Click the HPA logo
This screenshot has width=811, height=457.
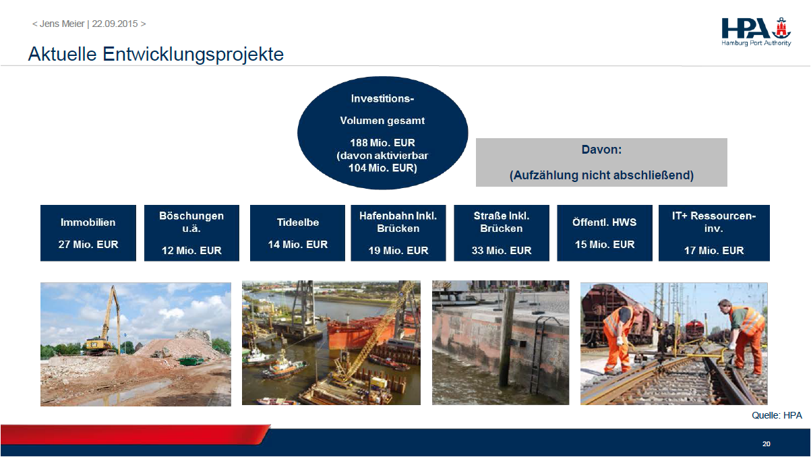tap(756, 32)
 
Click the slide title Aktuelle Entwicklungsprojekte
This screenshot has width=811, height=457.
tap(156, 55)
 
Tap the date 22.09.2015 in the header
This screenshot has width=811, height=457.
tap(115, 24)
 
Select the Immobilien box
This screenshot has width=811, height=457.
tap(88, 233)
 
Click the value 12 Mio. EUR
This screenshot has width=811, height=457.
tap(191, 251)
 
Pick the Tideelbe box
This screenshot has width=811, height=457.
tap(297, 233)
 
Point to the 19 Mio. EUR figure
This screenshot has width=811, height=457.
tap(398, 251)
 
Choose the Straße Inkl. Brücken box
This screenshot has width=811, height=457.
tap(502, 233)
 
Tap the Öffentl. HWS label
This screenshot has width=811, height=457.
tap(604, 222)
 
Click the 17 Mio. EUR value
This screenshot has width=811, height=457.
tap(714, 251)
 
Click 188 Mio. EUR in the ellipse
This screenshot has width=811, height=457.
tap(382, 143)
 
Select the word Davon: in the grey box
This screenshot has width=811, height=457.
tap(601, 150)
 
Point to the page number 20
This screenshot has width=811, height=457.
tap(767, 444)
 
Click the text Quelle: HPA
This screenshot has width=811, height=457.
tap(777, 415)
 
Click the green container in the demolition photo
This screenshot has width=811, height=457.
tap(191, 361)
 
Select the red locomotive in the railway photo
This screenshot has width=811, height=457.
tap(694, 331)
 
